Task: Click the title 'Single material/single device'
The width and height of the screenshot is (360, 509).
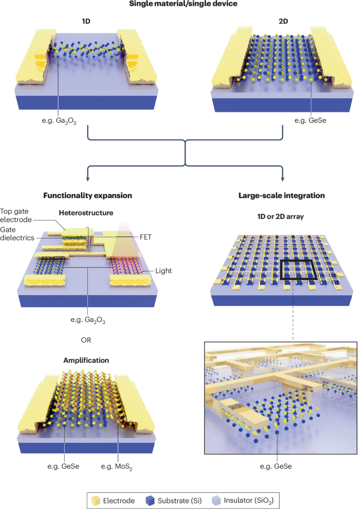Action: coord(179,5)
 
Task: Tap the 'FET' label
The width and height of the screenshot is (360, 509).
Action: coord(155,236)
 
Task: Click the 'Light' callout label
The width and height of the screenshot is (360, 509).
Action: coord(163,271)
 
